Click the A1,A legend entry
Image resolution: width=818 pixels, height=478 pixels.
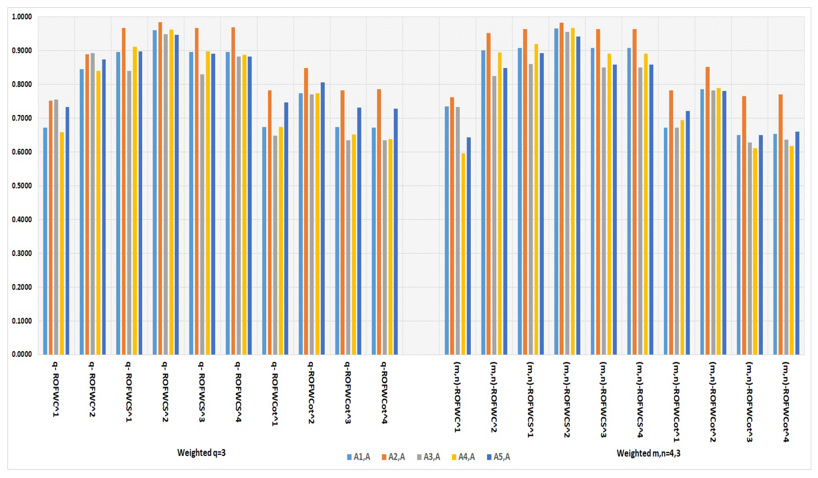pos(358,457)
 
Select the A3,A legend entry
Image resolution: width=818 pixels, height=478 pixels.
pos(428,457)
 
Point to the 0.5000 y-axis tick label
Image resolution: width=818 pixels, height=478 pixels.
pos(22,186)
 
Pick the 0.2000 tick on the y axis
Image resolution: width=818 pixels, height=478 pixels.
pos(22,287)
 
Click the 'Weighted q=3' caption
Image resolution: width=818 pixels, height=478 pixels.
pos(201,453)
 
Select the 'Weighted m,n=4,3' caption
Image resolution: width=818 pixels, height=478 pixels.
pos(648,453)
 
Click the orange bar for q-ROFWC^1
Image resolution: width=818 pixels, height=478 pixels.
pos(51,227)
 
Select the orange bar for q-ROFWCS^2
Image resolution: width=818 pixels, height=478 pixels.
pos(160,188)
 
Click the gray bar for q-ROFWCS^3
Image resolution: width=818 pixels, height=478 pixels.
pos(202,214)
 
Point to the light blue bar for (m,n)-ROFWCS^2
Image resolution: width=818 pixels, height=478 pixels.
pos(556,192)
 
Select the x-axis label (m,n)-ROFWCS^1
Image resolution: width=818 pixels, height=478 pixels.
pos(530,399)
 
